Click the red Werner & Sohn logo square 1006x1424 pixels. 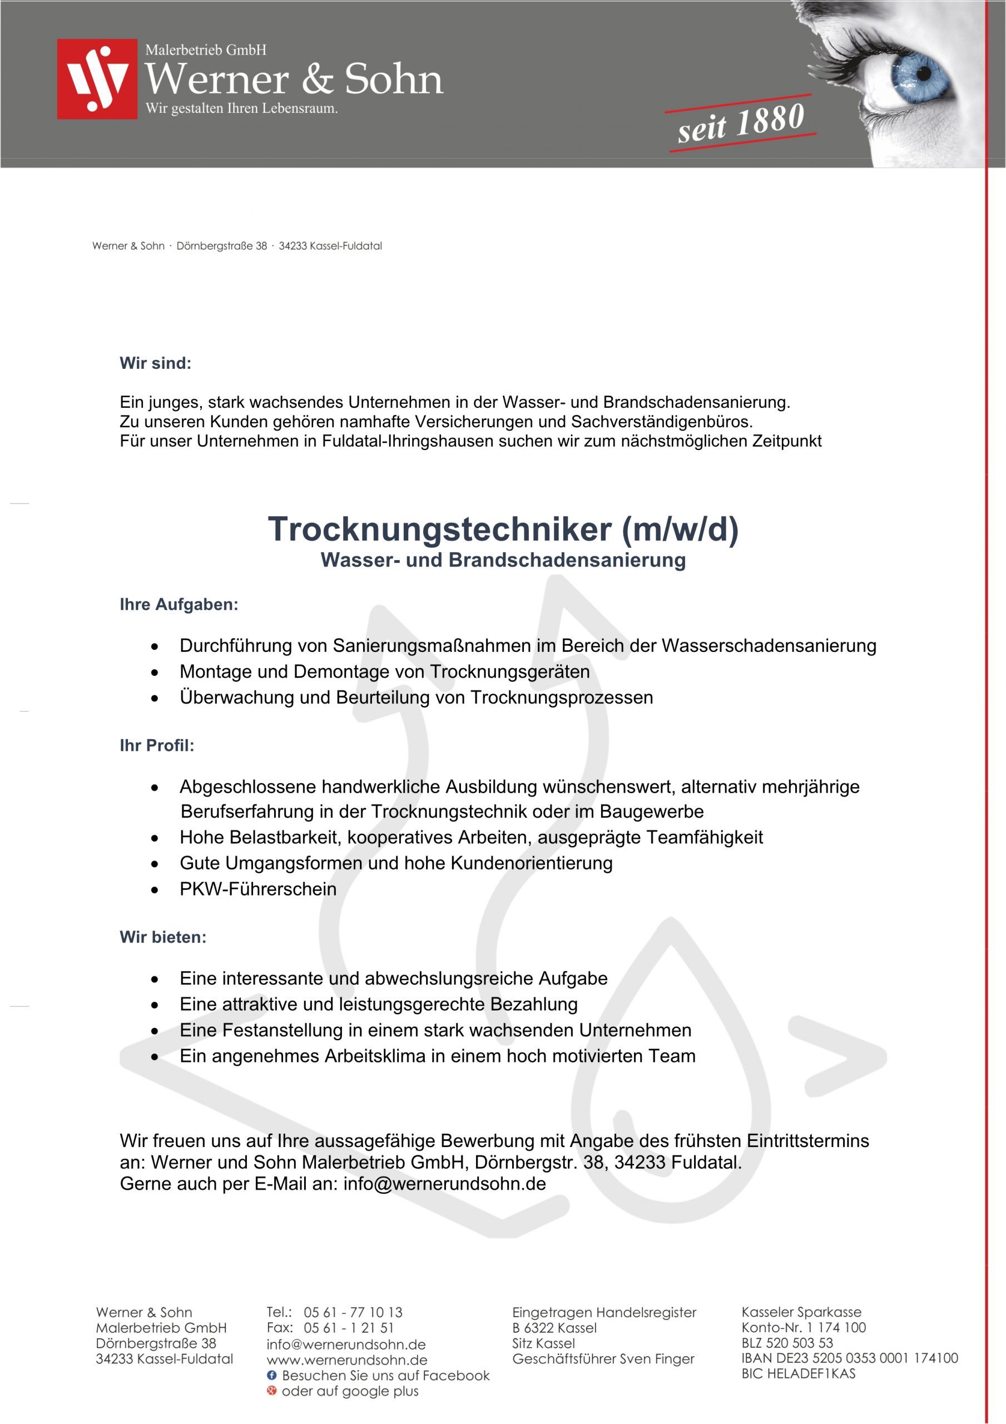(97, 79)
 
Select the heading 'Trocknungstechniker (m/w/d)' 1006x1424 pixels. (503, 529)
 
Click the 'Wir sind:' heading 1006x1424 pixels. (155, 363)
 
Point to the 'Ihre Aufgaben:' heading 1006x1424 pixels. (179, 605)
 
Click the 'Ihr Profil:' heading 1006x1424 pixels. (157, 745)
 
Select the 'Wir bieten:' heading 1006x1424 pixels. (162, 937)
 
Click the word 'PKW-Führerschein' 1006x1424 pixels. (258, 889)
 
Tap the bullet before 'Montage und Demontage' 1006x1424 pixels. (155, 673)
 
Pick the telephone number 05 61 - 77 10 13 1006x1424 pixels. (353, 1312)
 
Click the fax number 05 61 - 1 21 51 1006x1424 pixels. (349, 1328)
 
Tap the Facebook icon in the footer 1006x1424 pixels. (271, 1375)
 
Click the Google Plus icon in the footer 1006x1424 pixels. (271, 1391)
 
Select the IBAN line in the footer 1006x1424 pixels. (850, 1358)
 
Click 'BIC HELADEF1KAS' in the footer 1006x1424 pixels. (798, 1374)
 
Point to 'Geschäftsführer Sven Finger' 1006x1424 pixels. (603, 1359)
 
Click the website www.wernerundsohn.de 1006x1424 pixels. (346, 1360)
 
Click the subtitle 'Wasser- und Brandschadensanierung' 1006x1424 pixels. (503, 560)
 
